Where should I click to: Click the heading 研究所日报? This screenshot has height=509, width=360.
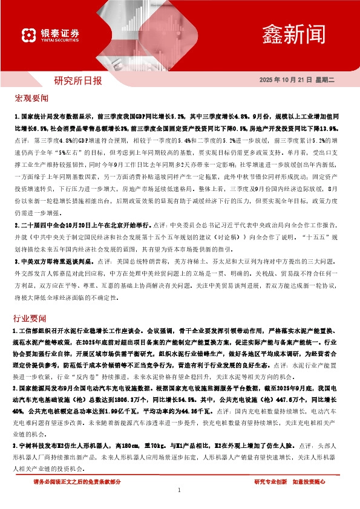[78, 80]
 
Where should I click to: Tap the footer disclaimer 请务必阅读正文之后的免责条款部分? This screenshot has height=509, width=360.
[77, 481]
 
